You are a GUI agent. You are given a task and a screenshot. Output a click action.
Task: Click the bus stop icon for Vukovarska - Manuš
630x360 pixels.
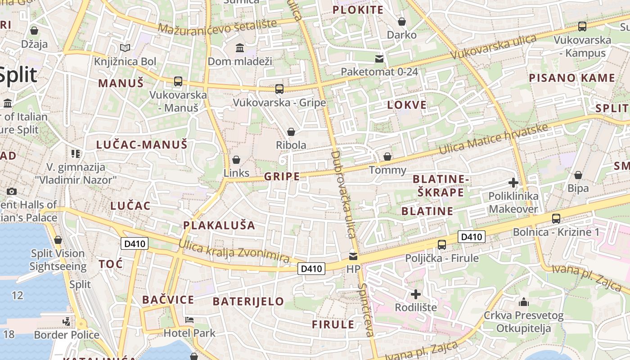coord(178,81)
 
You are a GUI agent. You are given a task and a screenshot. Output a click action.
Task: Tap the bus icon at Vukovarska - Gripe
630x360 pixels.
coord(279,89)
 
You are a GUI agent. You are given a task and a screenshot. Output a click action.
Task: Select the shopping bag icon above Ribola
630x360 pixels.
coord(291,132)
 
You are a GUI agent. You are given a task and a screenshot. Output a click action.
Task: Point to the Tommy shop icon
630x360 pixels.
coord(387,157)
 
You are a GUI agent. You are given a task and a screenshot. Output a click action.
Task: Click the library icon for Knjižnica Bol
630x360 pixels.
coord(125,48)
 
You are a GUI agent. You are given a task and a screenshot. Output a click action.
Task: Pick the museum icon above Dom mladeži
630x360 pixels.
coord(240,48)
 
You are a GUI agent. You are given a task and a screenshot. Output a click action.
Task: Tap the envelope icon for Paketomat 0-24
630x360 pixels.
coord(379,58)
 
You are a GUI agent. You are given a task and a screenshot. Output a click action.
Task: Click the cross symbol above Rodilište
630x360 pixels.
coord(416,294)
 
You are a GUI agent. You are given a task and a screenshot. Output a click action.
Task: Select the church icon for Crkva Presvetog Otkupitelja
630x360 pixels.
coord(523,302)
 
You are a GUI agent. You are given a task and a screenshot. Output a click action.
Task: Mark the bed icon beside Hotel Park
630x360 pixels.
coord(189,320)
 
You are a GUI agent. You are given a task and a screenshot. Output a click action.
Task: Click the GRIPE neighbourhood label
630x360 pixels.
coord(282,176)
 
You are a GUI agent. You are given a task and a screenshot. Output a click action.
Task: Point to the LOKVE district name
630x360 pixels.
coord(407,105)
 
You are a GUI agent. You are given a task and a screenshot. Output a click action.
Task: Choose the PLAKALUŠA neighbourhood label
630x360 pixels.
coord(219,225)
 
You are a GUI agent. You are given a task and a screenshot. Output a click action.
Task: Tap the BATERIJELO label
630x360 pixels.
coord(248,301)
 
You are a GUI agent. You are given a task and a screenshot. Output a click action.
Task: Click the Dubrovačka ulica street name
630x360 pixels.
coord(343,194)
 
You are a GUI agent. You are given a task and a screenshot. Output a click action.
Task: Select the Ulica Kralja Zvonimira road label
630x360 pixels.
coord(234,251)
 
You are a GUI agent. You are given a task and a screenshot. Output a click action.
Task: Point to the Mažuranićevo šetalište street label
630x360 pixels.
coord(217,27)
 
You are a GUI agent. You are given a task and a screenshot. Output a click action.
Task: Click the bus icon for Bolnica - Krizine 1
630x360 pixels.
coord(556,219)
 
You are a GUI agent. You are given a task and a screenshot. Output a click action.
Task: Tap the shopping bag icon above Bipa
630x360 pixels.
coord(578,175)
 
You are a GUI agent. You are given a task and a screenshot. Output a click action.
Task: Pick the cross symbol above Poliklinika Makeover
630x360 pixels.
coord(513,183)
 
